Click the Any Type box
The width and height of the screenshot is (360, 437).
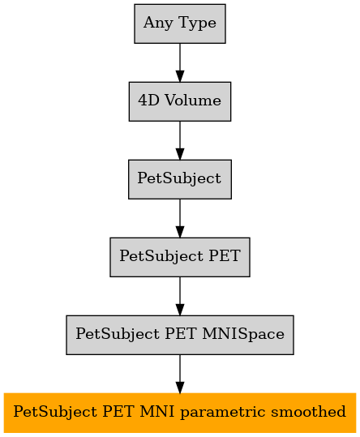pyautogui.click(x=180, y=24)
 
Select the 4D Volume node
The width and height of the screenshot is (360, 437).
pyautogui.click(x=180, y=101)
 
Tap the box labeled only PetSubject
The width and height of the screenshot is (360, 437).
pyautogui.click(x=180, y=179)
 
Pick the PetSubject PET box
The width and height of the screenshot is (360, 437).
pyautogui.click(x=180, y=257)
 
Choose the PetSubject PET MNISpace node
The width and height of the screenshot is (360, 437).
pyautogui.click(x=180, y=335)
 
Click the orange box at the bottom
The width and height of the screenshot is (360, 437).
pyautogui.click(x=180, y=413)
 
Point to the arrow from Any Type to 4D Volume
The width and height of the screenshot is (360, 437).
pyautogui.click(x=180, y=62)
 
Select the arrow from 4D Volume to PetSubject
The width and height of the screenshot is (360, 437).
pyautogui.click(x=180, y=140)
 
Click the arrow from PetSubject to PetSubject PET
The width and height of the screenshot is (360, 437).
pyautogui.click(x=180, y=218)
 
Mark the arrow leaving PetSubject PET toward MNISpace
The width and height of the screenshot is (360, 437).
pyautogui.click(x=180, y=296)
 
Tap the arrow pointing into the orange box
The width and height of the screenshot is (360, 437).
pyautogui.click(x=180, y=374)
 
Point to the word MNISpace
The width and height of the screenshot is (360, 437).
pyautogui.click(x=243, y=334)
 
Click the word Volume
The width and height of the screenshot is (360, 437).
pyautogui.click(x=193, y=101)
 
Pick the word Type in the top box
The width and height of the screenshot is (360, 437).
pyautogui.click(x=197, y=24)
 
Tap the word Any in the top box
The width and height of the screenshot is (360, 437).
pyautogui.click(x=158, y=24)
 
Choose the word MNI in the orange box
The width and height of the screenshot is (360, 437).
pyautogui.click(x=157, y=412)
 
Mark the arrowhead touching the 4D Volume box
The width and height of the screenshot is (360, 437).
pyautogui.click(x=180, y=76)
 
